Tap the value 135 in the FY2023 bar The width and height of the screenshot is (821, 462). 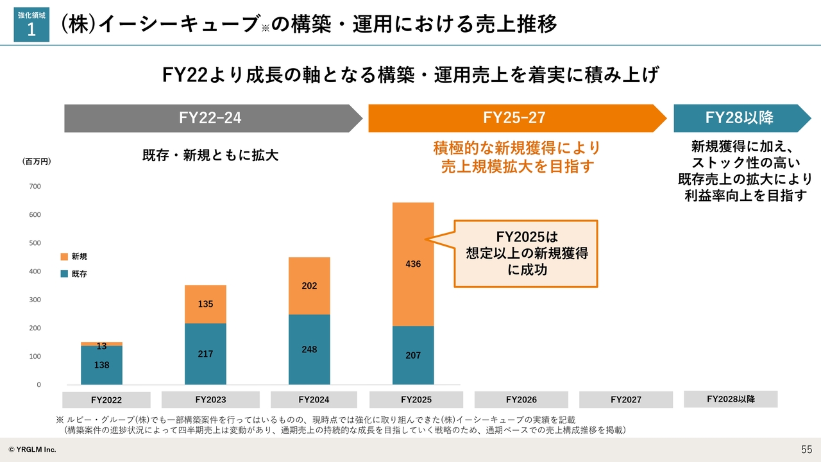point(205,304)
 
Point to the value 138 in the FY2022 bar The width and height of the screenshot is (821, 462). point(101,365)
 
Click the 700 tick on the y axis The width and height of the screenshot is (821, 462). point(34,187)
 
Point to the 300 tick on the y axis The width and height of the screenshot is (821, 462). point(34,300)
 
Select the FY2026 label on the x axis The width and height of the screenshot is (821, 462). point(521,400)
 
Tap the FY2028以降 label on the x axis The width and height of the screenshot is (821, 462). point(731,399)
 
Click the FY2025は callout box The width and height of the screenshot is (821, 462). point(526,253)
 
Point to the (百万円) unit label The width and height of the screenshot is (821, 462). point(37,162)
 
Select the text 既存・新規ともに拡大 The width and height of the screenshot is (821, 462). point(210,155)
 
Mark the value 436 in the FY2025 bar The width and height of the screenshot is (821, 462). point(413,264)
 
